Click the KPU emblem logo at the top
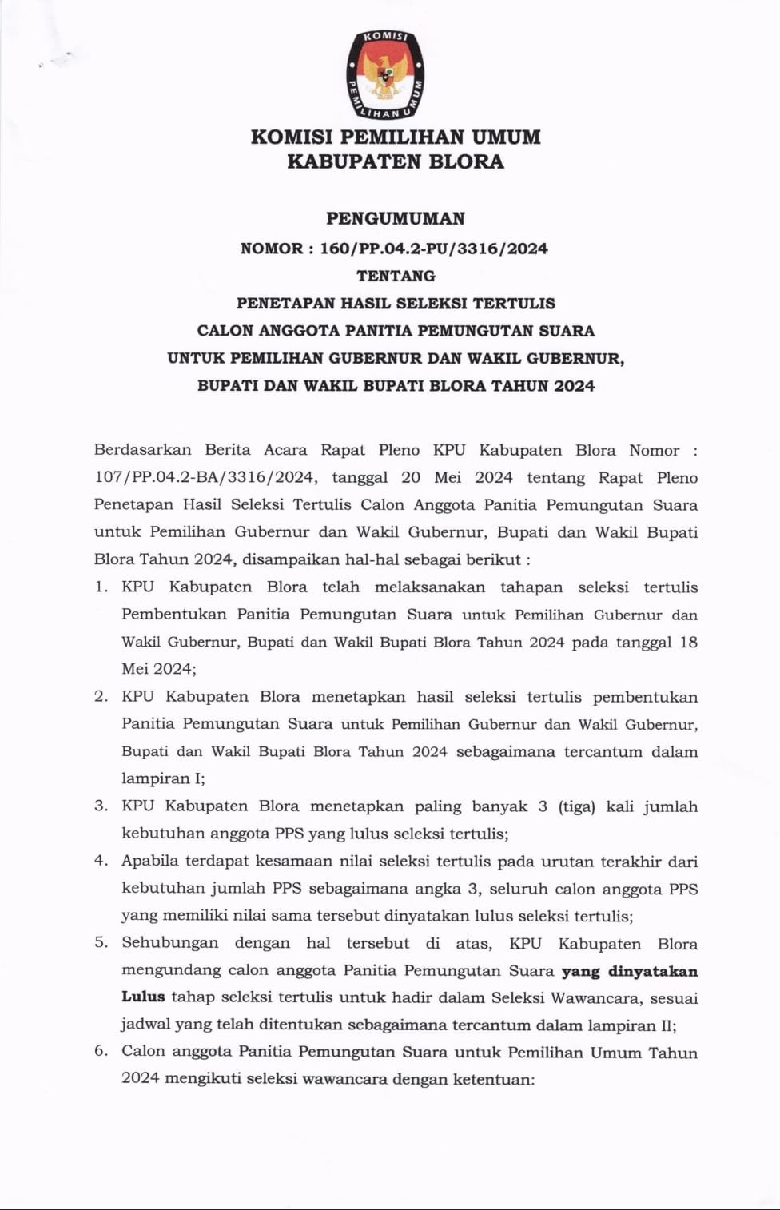click(x=385, y=75)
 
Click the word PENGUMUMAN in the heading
click(x=396, y=218)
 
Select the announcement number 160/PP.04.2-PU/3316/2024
click(x=434, y=249)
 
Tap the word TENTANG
click(x=396, y=276)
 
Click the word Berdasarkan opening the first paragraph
click(x=142, y=450)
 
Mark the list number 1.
click(x=100, y=587)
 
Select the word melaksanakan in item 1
click(x=429, y=587)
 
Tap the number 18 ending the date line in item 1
click(x=688, y=642)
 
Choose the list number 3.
click(x=100, y=806)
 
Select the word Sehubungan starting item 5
click(x=169, y=943)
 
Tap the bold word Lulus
click(x=143, y=997)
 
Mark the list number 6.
click(x=100, y=1052)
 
